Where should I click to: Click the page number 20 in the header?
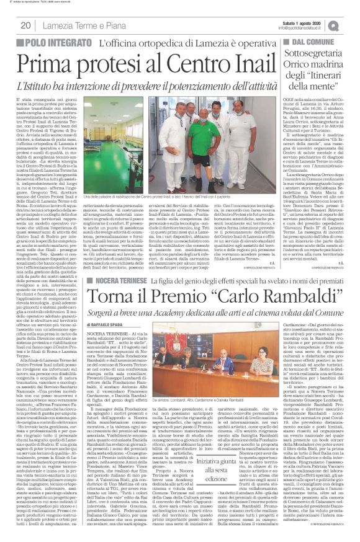coord(25,25)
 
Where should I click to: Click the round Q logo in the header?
coord(351,25)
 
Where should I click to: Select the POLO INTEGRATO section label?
coord(58,43)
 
